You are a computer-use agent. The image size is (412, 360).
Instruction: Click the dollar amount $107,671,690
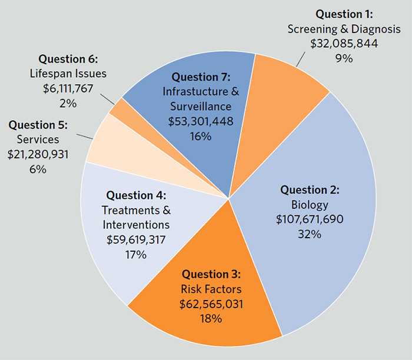(310, 219)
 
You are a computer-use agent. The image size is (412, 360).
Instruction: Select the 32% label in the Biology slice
(310, 234)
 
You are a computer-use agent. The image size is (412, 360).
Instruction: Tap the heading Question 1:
(344, 14)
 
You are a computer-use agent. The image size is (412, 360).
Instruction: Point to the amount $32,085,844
(344, 44)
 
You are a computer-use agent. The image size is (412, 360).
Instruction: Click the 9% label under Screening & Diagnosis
(344, 58)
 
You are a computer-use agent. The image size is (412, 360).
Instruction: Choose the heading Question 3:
(211, 274)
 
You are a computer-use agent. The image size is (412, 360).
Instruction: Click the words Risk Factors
(211, 289)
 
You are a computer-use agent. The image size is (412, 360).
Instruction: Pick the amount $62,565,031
(211, 304)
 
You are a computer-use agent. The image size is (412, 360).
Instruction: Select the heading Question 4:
(136, 195)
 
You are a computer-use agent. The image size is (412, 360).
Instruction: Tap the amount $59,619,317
(136, 240)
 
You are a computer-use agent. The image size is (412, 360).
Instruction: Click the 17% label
(136, 255)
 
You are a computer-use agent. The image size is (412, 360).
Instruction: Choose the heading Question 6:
(68, 59)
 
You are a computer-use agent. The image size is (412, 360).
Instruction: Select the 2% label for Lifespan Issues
(68, 104)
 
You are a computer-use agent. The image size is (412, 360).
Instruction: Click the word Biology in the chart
(310, 205)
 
